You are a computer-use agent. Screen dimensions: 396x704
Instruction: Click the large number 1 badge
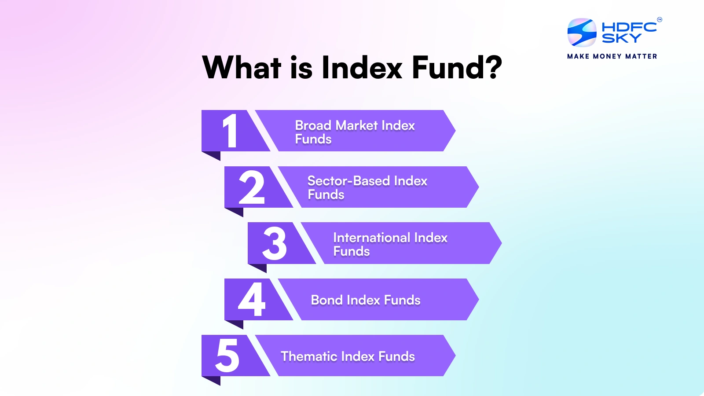[x=230, y=131]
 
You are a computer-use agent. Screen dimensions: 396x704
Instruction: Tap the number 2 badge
[x=252, y=187]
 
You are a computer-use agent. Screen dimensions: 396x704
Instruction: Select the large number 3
[x=274, y=243]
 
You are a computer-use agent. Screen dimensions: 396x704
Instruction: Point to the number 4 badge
[x=252, y=300]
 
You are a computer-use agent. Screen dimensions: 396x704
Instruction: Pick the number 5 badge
[x=227, y=356]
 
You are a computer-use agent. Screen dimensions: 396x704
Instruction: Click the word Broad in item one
[x=313, y=125]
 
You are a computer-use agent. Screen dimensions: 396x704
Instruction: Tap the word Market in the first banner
[x=356, y=125]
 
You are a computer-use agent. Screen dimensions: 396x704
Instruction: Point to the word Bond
[x=326, y=300]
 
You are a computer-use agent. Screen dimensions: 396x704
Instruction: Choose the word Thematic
[x=309, y=356]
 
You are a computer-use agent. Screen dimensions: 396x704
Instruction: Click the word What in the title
[x=242, y=68]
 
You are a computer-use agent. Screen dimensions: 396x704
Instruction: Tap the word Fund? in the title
[x=457, y=68]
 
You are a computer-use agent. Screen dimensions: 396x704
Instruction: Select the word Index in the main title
[x=362, y=68]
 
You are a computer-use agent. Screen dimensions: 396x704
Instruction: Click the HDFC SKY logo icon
[x=582, y=33]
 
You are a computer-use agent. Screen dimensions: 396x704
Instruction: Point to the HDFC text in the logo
[x=629, y=27]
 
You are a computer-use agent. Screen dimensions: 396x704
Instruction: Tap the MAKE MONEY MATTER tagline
[x=612, y=56]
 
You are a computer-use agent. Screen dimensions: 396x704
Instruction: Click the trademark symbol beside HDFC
[x=659, y=19]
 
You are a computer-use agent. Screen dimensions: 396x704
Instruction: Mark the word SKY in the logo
[x=621, y=39]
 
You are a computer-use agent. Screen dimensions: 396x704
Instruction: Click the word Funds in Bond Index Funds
[x=402, y=300]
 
